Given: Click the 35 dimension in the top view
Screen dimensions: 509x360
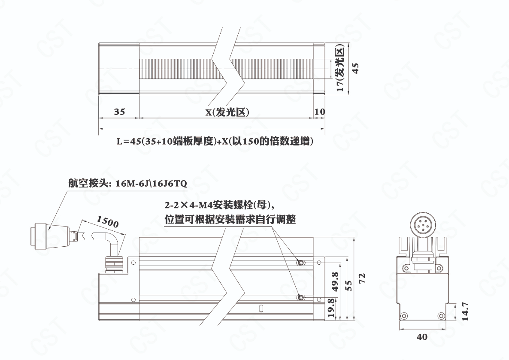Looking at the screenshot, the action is tap(119, 112).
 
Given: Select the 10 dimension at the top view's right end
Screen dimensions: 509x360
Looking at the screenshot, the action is tap(320, 112).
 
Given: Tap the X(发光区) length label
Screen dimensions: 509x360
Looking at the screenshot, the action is tap(227, 112).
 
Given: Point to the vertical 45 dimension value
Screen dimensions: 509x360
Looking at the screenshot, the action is tap(355, 68).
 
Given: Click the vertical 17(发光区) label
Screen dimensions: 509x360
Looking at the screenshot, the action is tap(340, 70).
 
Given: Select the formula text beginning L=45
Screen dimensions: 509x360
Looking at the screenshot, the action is tap(215, 142).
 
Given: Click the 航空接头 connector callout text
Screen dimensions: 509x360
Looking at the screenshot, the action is tap(127, 183).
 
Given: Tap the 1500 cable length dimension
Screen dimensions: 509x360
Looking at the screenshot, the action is tap(108, 222).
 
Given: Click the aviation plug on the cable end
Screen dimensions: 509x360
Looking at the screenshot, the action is tap(48, 235).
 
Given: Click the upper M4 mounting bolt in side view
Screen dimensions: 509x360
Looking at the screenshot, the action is tap(301, 262).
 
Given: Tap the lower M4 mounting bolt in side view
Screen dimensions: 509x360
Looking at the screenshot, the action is tap(300, 297).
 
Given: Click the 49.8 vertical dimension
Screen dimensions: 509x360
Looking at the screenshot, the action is tap(335, 281).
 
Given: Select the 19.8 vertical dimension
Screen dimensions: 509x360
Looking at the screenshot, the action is tap(331, 308).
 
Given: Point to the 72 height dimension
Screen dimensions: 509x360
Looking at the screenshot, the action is tap(362, 278).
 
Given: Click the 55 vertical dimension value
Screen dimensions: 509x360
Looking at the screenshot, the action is tap(349, 286).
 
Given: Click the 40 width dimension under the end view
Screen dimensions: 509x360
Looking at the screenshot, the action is tap(422, 337).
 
